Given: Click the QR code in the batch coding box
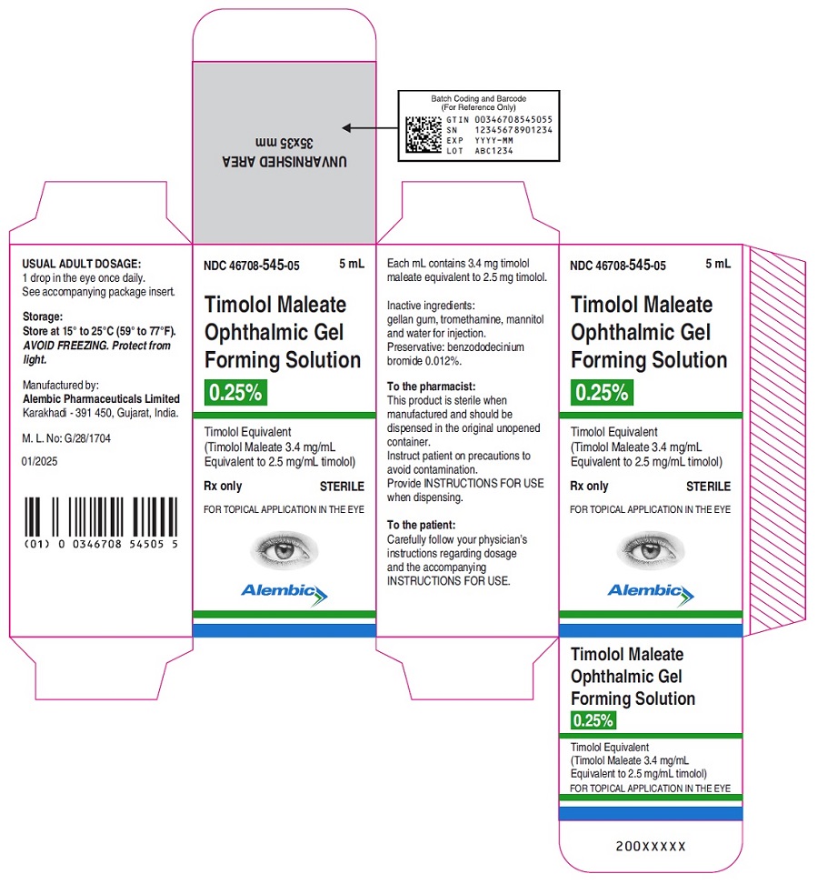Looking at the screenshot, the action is (x=423, y=135).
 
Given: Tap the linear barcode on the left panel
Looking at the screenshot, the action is (x=101, y=517).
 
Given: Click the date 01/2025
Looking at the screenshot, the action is (x=39, y=461).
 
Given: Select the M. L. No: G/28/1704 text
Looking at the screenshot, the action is (x=66, y=438).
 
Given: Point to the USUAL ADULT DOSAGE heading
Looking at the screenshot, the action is (x=82, y=264).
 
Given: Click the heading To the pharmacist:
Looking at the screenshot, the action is (x=431, y=387).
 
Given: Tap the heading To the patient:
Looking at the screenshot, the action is (x=421, y=525).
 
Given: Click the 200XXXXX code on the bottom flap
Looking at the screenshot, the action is (x=651, y=846).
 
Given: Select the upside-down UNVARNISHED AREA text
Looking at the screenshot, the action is (x=284, y=161).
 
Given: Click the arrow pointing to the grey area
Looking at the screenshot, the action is (x=370, y=128).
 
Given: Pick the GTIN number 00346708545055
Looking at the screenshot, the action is (x=514, y=119).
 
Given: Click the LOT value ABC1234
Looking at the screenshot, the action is (x=494, y=151).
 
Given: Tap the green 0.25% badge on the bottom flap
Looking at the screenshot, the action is (x=594, y=720).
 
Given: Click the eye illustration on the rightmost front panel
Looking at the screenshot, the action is (x=651, y=549).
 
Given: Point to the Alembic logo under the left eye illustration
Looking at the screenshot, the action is (x=284, y=594).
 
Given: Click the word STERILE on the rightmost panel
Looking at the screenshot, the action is (x=708, y=486).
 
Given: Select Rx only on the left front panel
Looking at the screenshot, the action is (x=223, y=486).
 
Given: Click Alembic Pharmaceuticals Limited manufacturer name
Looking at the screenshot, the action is (x=102, y=398).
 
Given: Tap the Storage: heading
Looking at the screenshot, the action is (x=43, y=316).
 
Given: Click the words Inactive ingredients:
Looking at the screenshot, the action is (x=431, y=306).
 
